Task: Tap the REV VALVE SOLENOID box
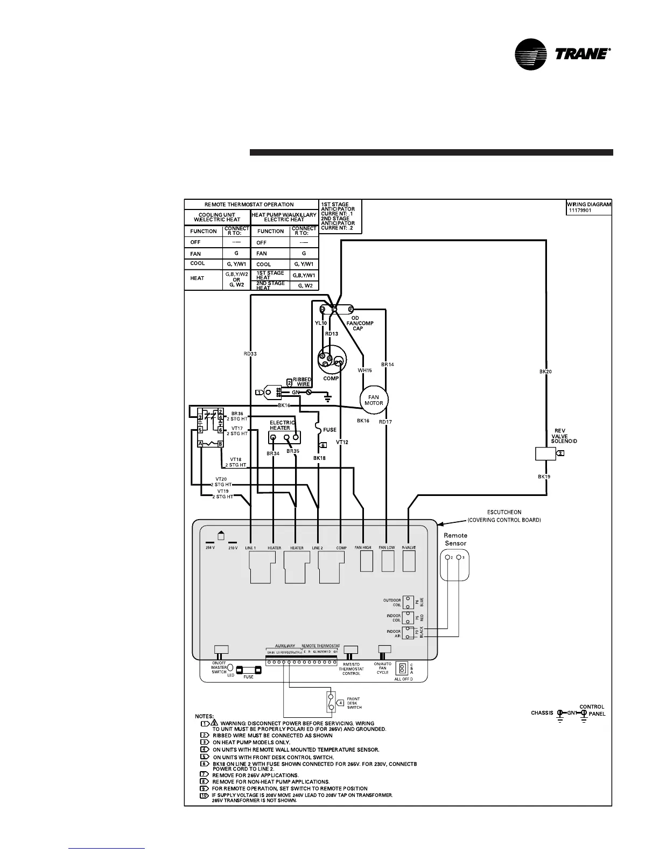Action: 545,453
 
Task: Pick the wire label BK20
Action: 545,372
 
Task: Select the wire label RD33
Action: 250,354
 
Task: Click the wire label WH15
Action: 365,370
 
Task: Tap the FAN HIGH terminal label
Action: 363,548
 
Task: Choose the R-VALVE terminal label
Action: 409,548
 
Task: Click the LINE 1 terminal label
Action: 250,548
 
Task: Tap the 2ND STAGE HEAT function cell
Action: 270,285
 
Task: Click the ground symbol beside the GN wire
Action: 327,398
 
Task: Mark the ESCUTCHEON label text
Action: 501,513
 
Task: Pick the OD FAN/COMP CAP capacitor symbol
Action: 335,310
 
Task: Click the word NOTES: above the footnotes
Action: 204,716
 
